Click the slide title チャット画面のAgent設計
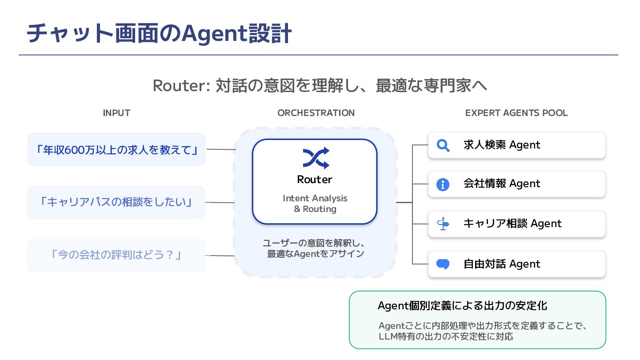159,34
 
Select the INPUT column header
116,113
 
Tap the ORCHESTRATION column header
316,113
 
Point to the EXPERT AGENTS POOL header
516,113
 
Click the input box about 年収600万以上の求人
116,149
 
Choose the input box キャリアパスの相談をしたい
116,203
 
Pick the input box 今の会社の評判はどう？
116,256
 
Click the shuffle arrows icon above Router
316,158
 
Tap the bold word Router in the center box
315,180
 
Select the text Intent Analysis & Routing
315,204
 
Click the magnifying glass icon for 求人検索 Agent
443,145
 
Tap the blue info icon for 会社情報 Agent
443,184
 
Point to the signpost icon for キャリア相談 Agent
443,224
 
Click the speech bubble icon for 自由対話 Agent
443,264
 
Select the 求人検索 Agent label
502,145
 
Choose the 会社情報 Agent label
502,184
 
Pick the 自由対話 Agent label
502,264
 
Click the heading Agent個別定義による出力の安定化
462,306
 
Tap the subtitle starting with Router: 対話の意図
320,85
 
